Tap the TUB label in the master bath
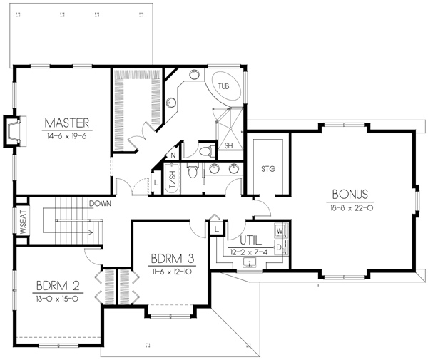coord(224,86)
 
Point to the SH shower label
coord(228,145)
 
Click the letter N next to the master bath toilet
coord(173,155)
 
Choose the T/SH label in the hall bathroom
coord(172,179)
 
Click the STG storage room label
coord(269,168)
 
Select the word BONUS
coord(350,194)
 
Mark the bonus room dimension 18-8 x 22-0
coord(350,207)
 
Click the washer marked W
coord(280,232)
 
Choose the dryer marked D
coord(280,246)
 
